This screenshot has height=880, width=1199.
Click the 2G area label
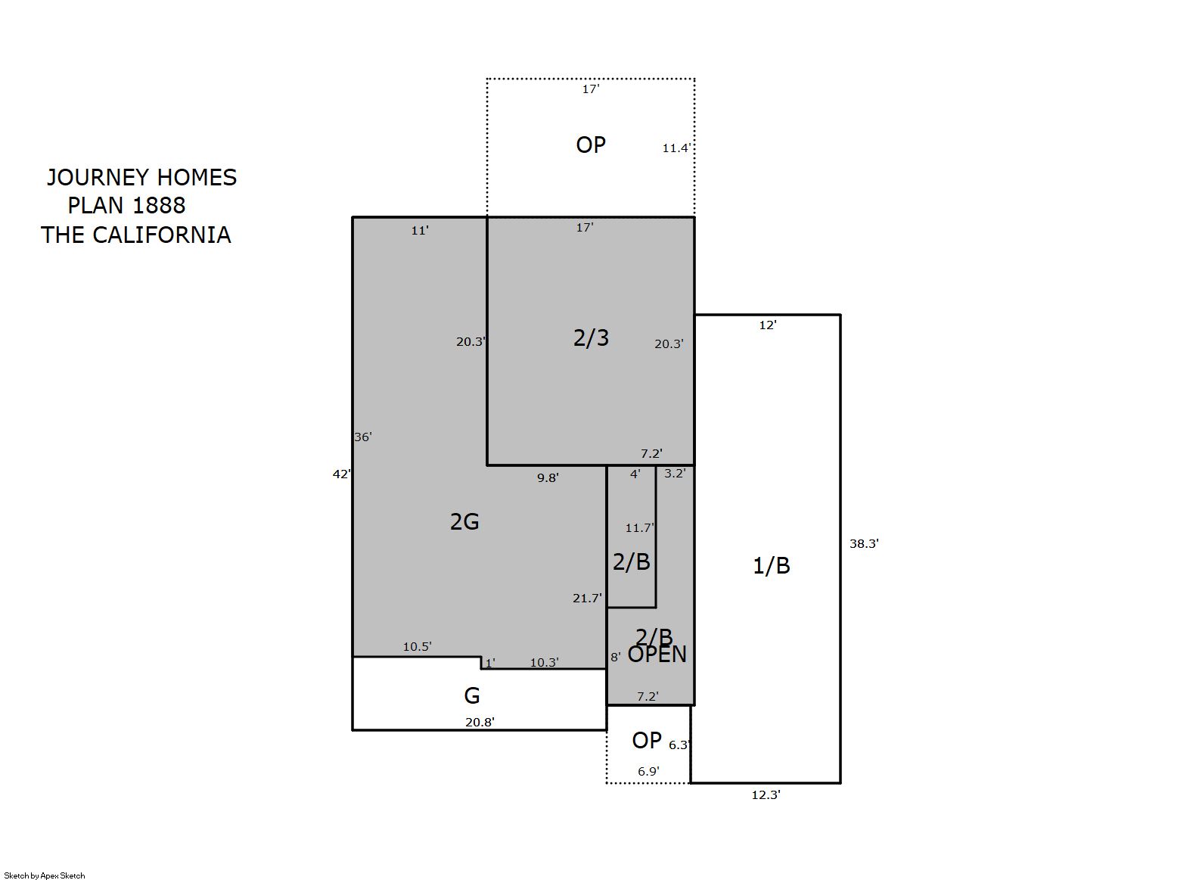pyautogui.click(x=464, y=522)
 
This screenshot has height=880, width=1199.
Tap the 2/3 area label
pyautogui.click(x=591, y=337)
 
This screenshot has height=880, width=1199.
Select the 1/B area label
pyautogui.click(x=772, y=566)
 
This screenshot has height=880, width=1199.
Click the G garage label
pyautogui.click(x=471, y=696)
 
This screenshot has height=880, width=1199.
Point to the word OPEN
pyautogui.click(x=657, y=654)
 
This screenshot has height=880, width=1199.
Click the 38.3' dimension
pyautogui.click(x=864, y=543)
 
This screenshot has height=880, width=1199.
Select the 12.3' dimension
pyautogui.click(x=766, y=795)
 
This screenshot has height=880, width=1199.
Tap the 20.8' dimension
pyautogui.click(x=480, y=722)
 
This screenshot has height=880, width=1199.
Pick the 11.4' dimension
pyautogui.click(x=676, y=148)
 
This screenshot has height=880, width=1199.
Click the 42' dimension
pyautogui.click(x=341, y=474)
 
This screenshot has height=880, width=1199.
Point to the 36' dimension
pyautogui.click(x=363, y=437)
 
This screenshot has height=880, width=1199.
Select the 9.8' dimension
pyautogui.click(x=548, y=477)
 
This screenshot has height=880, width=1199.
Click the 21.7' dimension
pyautogui.click(x=587, y=598)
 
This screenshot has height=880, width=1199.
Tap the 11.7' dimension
pyautogui.click(x=640, y=528)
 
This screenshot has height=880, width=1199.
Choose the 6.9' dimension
pyautogui.click(x=648, y=771)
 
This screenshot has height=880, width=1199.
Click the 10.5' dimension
pyautogui.click(x=417, y=646)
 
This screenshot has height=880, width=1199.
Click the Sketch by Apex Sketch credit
pyautogui.click(x=45, y=875)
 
